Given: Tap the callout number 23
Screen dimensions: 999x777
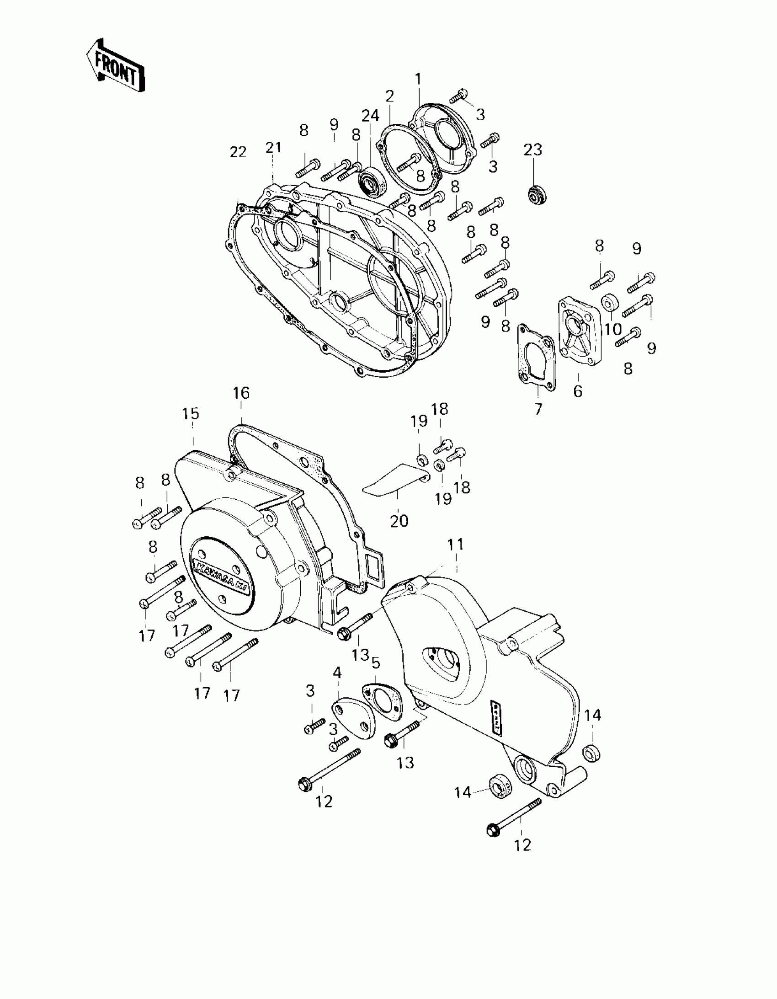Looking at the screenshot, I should (533, 150).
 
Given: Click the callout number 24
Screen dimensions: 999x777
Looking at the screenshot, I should (370, 116).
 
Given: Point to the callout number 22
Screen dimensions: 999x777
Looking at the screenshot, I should (238, 152).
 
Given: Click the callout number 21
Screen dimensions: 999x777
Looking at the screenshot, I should (273, 147).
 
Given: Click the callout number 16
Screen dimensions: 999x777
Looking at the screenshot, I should (241, 393).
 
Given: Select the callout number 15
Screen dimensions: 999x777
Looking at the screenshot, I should (190, 413).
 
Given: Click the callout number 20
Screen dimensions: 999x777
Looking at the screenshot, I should (399, 521).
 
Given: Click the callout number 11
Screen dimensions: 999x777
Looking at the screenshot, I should (456, 545).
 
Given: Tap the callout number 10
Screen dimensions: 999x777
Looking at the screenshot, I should (613, 329).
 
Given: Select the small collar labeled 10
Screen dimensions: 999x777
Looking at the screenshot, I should (610, 302).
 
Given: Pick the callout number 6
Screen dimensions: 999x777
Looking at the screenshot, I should (578, 391).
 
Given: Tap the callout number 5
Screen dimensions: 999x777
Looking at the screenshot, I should (375, 663).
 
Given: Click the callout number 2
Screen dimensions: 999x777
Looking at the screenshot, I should (389, 96).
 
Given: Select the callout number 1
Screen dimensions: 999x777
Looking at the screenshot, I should (418, 79).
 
